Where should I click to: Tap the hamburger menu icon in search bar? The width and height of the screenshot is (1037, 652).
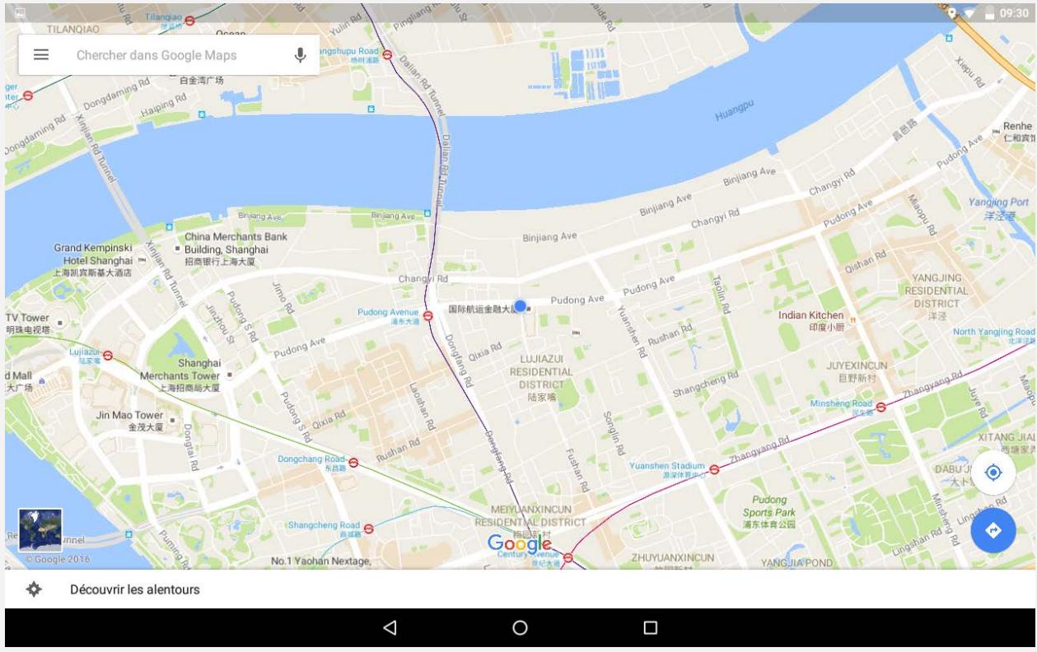[40, 55]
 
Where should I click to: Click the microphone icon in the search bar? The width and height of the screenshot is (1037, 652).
[300, 55]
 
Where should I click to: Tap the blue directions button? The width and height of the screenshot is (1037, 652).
[993, 531]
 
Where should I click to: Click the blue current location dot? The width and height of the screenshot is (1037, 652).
[520, 306]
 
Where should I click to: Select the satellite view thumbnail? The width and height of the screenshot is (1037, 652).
[40, 530]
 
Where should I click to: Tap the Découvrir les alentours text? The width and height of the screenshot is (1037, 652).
[134, 589]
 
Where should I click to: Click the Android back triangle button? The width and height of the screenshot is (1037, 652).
[390, 628]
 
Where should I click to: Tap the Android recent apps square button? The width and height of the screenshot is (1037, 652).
[650, 628]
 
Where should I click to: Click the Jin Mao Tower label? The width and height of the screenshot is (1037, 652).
[130, 416]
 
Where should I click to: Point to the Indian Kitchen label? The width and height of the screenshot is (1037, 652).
[810, 315]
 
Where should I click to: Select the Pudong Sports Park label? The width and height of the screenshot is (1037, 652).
[768, 505]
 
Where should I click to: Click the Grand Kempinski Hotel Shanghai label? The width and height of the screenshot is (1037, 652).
[92, 254]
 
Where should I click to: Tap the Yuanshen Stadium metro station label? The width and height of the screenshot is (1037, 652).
[667, 466]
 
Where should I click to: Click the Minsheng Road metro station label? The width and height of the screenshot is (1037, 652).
[840, 404]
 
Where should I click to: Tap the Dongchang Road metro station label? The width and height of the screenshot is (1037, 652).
[311, 459]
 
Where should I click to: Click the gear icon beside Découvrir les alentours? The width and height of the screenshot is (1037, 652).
[34, 589]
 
